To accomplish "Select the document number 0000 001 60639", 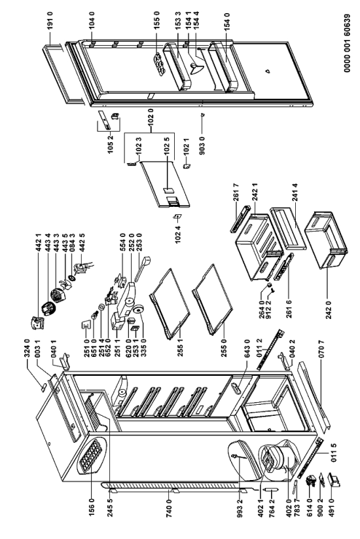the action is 347,44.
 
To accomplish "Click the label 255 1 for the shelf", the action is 181,347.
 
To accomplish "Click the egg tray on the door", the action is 158,64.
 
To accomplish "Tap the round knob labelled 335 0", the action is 139,310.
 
